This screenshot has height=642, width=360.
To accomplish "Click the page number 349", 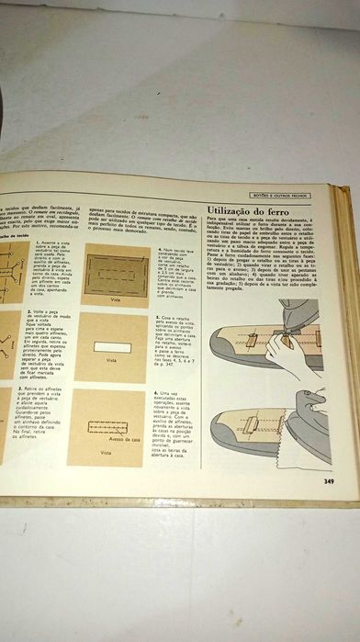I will point(328,479).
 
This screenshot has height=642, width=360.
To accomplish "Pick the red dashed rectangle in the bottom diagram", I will point(107,427).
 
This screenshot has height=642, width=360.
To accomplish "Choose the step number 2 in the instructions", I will point(32,312).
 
